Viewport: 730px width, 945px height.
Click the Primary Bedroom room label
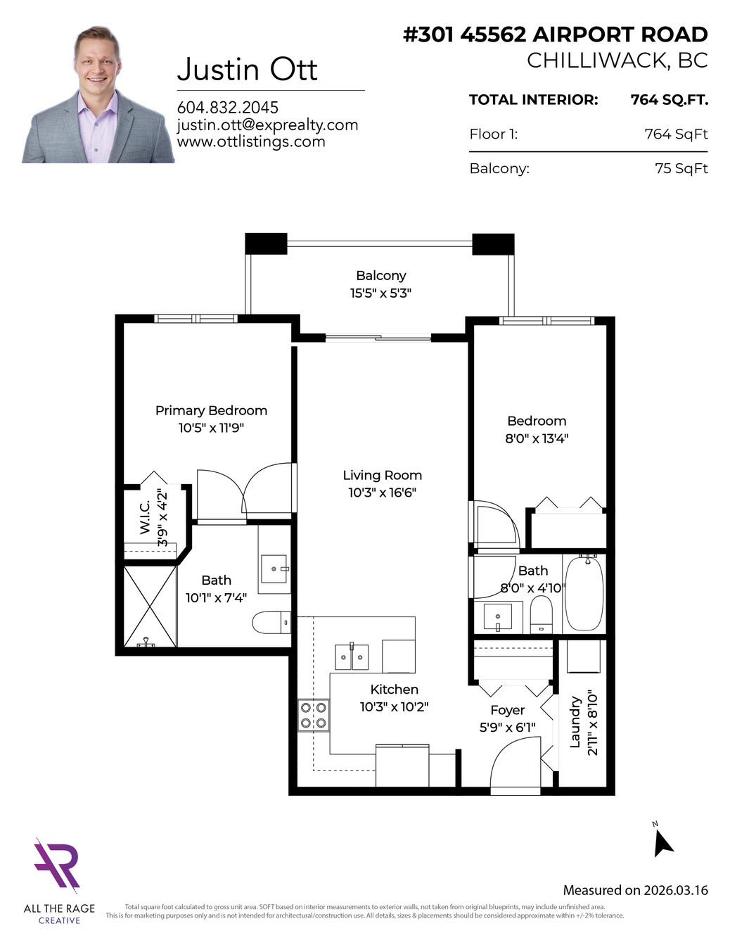211,410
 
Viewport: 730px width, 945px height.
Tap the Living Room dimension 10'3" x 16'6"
383,493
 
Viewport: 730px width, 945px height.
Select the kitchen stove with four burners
314,716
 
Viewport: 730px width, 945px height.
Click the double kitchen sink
352,657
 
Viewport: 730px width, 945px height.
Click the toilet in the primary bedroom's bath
271,623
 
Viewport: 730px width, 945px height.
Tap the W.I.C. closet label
145,517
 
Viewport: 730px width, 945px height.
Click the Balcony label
381,275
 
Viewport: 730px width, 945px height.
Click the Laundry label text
575,722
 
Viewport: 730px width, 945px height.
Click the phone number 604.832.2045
228,108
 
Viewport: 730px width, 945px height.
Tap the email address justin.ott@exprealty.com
268,125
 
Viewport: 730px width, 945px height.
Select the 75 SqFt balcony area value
681,168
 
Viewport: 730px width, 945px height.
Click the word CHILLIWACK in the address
596,61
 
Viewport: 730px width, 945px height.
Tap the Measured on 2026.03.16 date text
636,890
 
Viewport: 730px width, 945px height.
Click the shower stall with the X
151,605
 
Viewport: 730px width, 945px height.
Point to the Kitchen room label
394,690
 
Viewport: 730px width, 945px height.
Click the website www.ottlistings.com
251,141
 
